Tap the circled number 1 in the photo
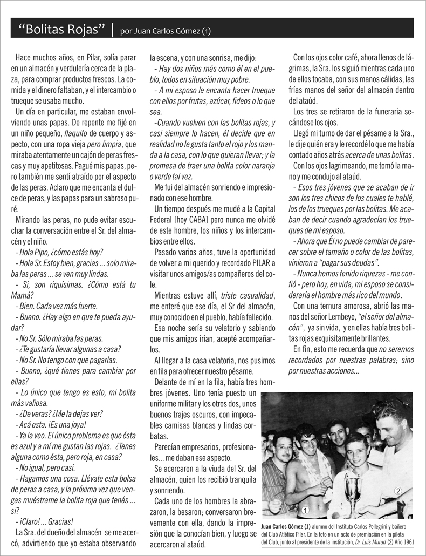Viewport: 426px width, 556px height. (x=305, y=509)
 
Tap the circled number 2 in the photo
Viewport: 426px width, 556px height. (x=397, y=491)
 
